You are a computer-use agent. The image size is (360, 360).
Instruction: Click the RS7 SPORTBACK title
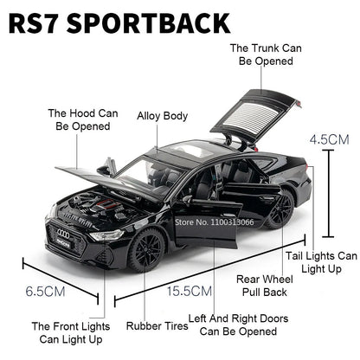pos(121,22)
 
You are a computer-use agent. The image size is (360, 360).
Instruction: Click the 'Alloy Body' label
pos(162,114)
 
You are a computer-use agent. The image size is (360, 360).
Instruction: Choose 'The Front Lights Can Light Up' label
pos(71,334)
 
